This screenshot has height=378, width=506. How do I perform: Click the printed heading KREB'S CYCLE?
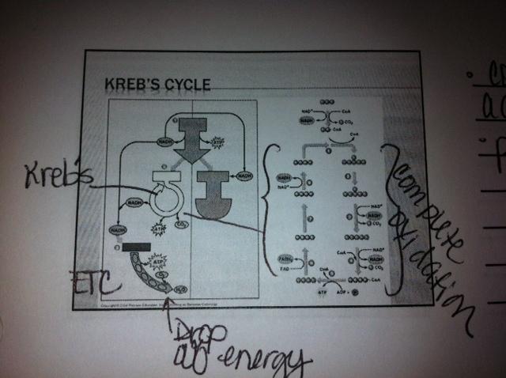coord(157,84)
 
